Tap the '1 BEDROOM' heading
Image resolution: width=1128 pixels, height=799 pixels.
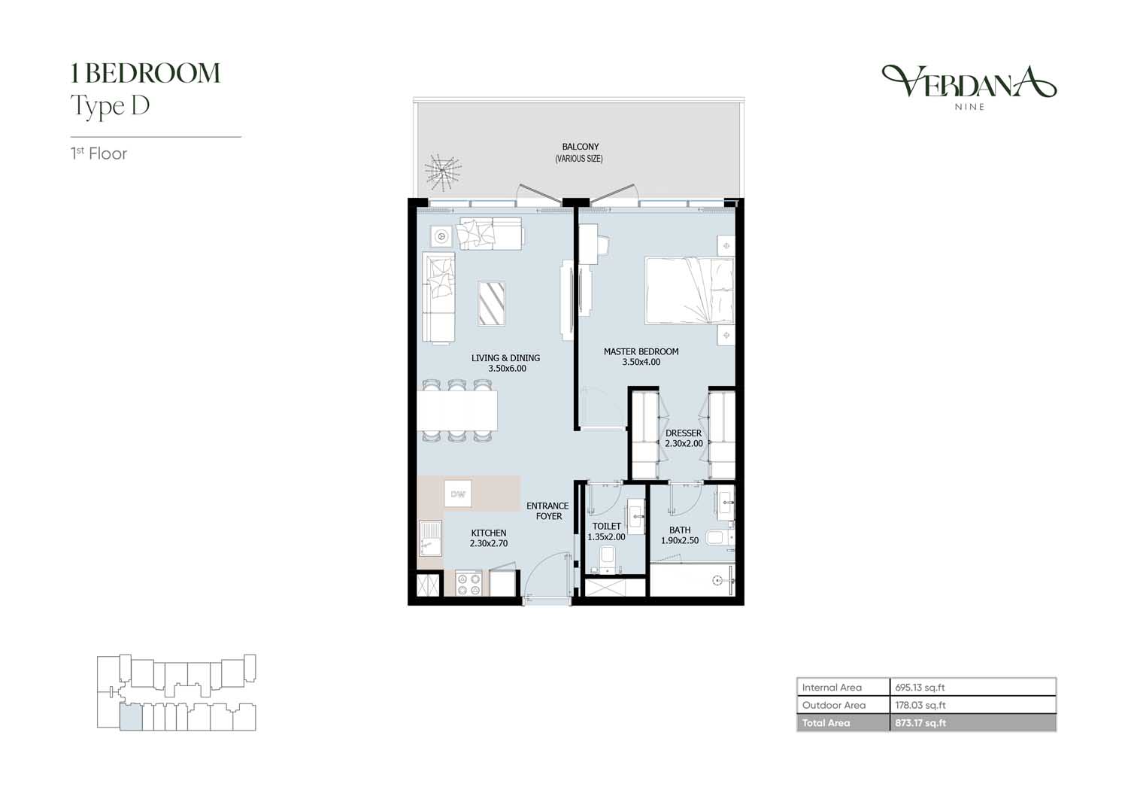(x=146, y=74)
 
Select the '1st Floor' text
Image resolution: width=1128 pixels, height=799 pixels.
(x=99, y=153)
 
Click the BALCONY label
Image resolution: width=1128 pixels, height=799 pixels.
(x=580, y=147)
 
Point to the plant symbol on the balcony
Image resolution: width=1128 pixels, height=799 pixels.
(x=442, y=172)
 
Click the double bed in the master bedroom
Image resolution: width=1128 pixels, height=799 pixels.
(x=689, y=290)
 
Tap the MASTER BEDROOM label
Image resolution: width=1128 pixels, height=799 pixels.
(x=641, y=351)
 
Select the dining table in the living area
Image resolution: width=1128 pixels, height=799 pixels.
(x=456, y=410)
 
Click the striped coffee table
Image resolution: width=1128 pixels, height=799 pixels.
(x=492, y=303)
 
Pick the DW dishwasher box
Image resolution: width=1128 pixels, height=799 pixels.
(x=458, y=494)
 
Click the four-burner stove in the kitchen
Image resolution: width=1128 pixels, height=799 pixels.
(x=468, y=584)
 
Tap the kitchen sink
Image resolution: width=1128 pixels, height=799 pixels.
(x=430, y=538)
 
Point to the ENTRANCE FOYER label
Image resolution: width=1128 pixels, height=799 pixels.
(x=548, y=511)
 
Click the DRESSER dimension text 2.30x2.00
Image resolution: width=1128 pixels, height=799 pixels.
(x=684, y=444)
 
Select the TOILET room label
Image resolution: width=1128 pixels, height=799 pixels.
(x=606, y=527)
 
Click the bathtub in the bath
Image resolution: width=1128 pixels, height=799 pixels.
(x=693, y=580)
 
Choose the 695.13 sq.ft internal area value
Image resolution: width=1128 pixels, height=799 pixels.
(x=920, y=687)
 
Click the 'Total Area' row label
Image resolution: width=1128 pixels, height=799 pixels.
(x=826, y=723)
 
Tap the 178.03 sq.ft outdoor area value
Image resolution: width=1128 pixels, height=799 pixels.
(x=920, y=705)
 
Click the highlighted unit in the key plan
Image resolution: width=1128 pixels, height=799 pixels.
(x=131, y=718)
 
